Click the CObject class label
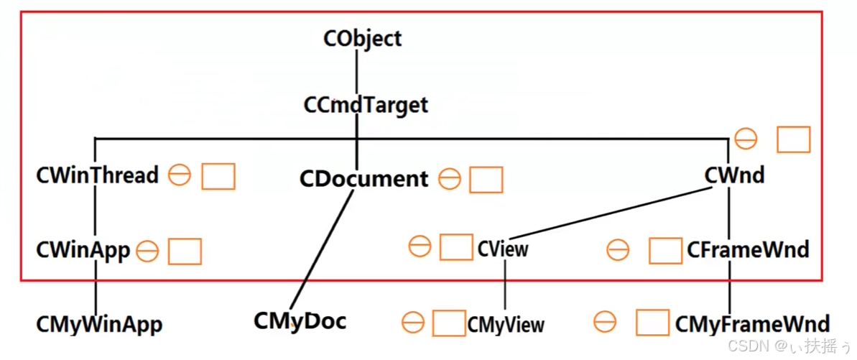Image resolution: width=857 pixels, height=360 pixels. tap(363, 38)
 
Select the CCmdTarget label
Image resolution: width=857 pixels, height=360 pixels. tap(366, 105)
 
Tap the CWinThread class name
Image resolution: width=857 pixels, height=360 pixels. tap(97, 175)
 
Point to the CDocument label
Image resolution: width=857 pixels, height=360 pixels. tap(363, 179)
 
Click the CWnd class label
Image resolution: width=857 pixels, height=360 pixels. tap(734, 175)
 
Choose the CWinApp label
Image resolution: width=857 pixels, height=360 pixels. tap(83, 250)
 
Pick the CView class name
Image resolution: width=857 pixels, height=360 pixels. tap(503, 249)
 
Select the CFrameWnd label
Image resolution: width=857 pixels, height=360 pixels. tap(748, 250)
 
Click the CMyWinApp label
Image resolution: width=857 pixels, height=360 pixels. tap(99, 324)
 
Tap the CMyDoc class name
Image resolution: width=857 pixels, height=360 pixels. tap(300, 321)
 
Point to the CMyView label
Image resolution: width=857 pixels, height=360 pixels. tap(506, 325)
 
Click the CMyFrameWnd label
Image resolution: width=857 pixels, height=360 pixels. tap(752, 324)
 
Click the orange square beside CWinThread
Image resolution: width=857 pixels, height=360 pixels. tap(218, 177)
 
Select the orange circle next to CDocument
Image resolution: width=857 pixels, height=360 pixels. tap(449, 179)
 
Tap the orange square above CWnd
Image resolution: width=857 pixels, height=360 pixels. tap(794, 139)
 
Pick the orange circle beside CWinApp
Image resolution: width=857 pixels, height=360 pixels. tap(147, 251)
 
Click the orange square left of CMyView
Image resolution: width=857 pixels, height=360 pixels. tap(450, 323)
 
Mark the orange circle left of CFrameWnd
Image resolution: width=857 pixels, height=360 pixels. tap(618, 250)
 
